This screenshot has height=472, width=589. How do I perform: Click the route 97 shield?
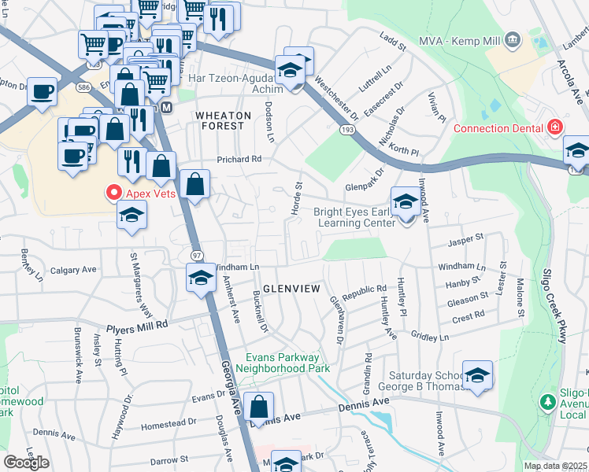pyautogui.click(x=197, y=256)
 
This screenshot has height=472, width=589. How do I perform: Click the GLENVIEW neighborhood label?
pyautogui.click(x=291, y=289)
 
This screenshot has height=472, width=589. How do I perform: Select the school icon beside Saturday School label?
pyautogui.click(x=477, y=375)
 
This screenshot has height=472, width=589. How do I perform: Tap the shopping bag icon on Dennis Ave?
pyautogui.click(x=258, y=407)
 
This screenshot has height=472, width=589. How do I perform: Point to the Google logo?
pyautogui.click(x=26, y=462)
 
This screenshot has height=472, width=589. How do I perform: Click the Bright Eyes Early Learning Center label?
pyautogui.click(x=354, y=217)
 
